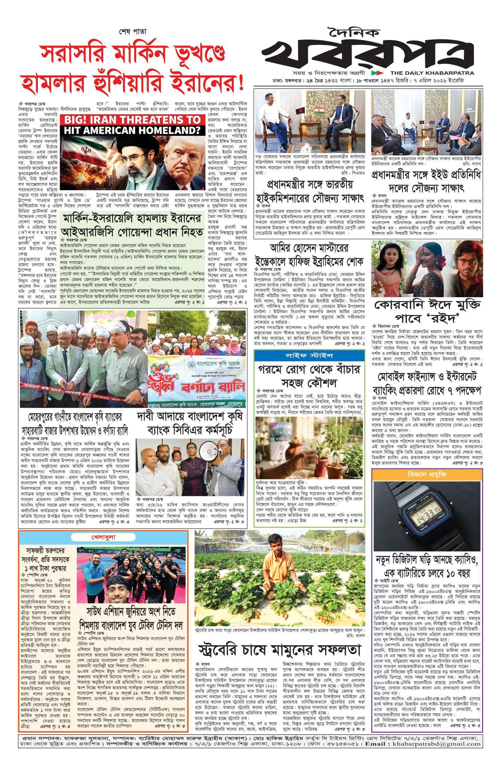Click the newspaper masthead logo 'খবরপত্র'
[x=368, y=54]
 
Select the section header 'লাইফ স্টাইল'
[x=309, y=355]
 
